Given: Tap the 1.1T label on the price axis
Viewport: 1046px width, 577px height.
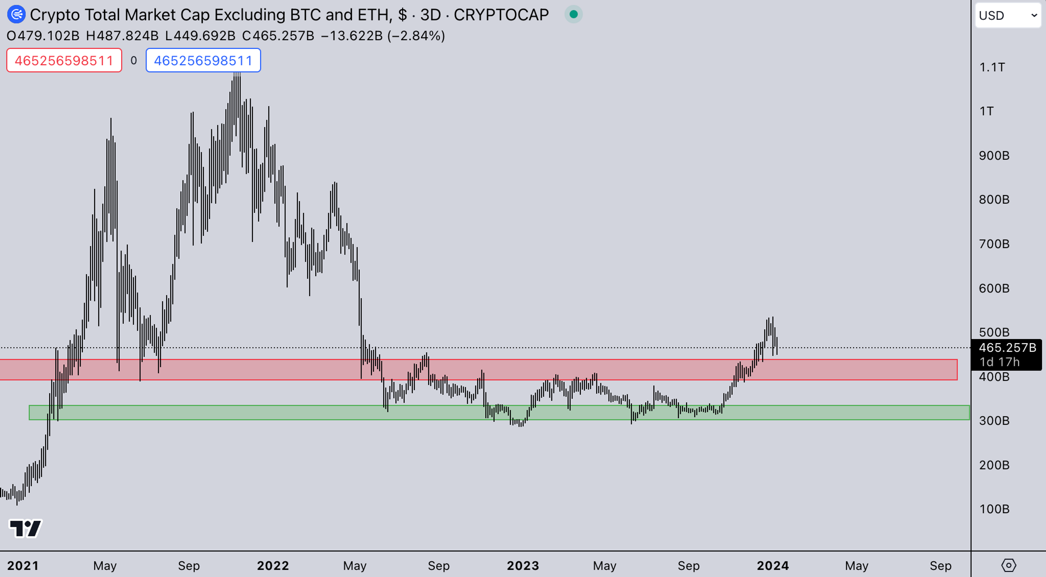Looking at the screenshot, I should (992, 67).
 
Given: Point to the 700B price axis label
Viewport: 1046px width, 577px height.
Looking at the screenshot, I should (994, 244).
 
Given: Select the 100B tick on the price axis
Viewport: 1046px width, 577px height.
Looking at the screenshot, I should (994, 509).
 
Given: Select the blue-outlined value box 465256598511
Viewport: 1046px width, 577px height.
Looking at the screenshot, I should (203, 60).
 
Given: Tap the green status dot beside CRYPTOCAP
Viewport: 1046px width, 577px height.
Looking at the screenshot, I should (573, 15).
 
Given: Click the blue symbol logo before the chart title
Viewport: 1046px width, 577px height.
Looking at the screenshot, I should (16, 15).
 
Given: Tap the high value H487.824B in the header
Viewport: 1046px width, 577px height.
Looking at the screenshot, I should (122, 36).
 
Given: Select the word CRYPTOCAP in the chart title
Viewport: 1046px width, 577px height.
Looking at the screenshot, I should (501, 15).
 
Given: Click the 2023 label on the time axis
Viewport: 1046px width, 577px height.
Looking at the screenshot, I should (523, 566).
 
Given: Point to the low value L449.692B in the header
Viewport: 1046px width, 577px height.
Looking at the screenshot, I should (200, 36).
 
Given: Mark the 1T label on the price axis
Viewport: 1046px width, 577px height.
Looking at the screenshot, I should (987, 111).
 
